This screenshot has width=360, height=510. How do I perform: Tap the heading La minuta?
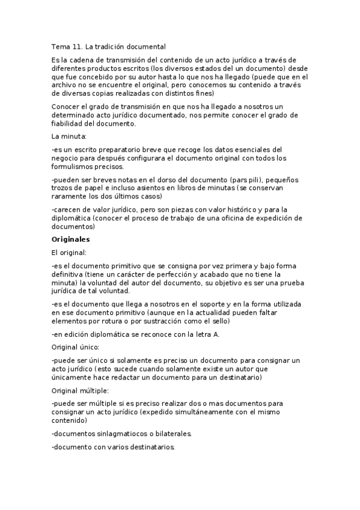pyautogui.click(x=69, y=136)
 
